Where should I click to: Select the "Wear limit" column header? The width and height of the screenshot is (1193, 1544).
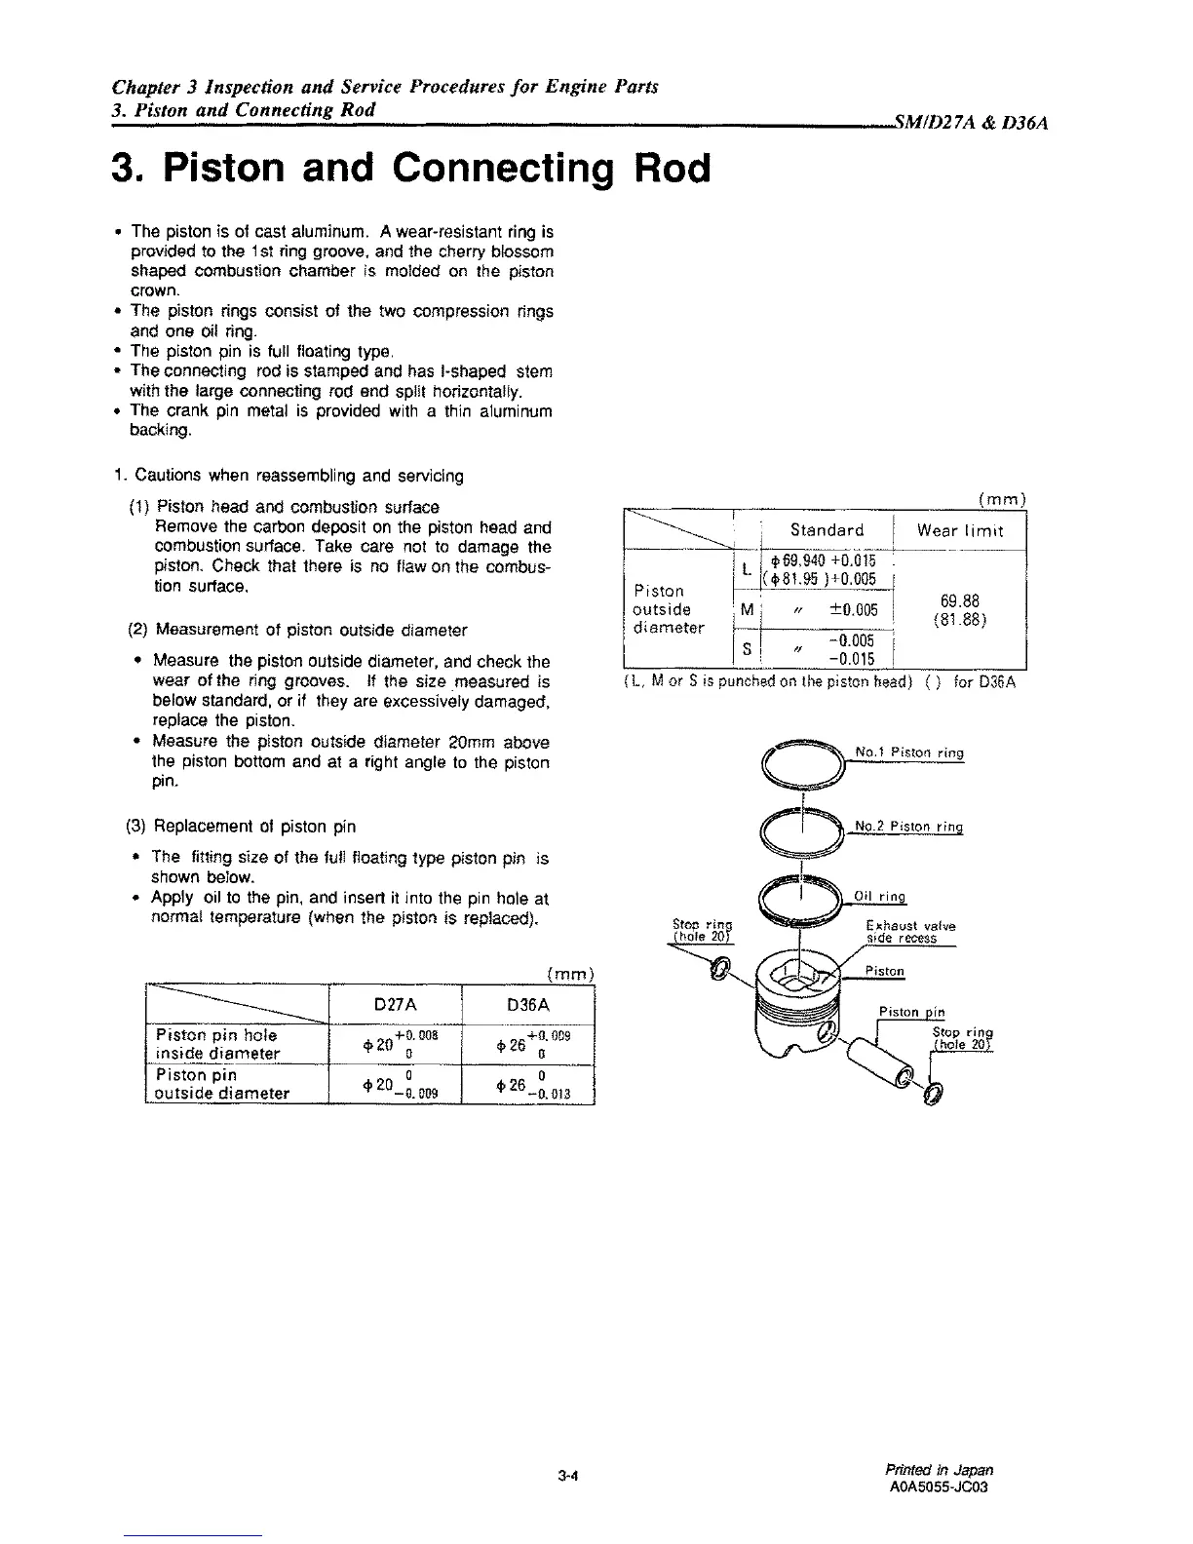point(959,530)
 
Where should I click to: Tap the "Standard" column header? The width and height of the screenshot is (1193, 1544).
point(827,530)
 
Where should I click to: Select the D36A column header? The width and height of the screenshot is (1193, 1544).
point(528,1004)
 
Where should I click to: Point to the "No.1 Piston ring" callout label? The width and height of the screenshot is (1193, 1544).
point(908,753)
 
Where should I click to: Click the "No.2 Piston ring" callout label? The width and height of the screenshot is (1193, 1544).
point(908,828)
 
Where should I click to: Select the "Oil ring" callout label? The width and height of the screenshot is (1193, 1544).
point(879,897)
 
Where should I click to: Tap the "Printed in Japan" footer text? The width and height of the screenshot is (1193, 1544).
point(940,1470)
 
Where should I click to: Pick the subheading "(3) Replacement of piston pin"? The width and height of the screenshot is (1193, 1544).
point(241,827)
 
